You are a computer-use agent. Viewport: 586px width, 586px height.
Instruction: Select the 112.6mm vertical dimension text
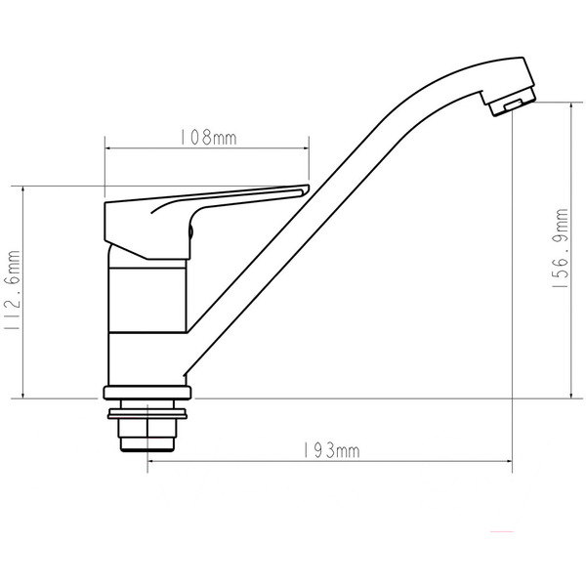[x=14, y=291]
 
